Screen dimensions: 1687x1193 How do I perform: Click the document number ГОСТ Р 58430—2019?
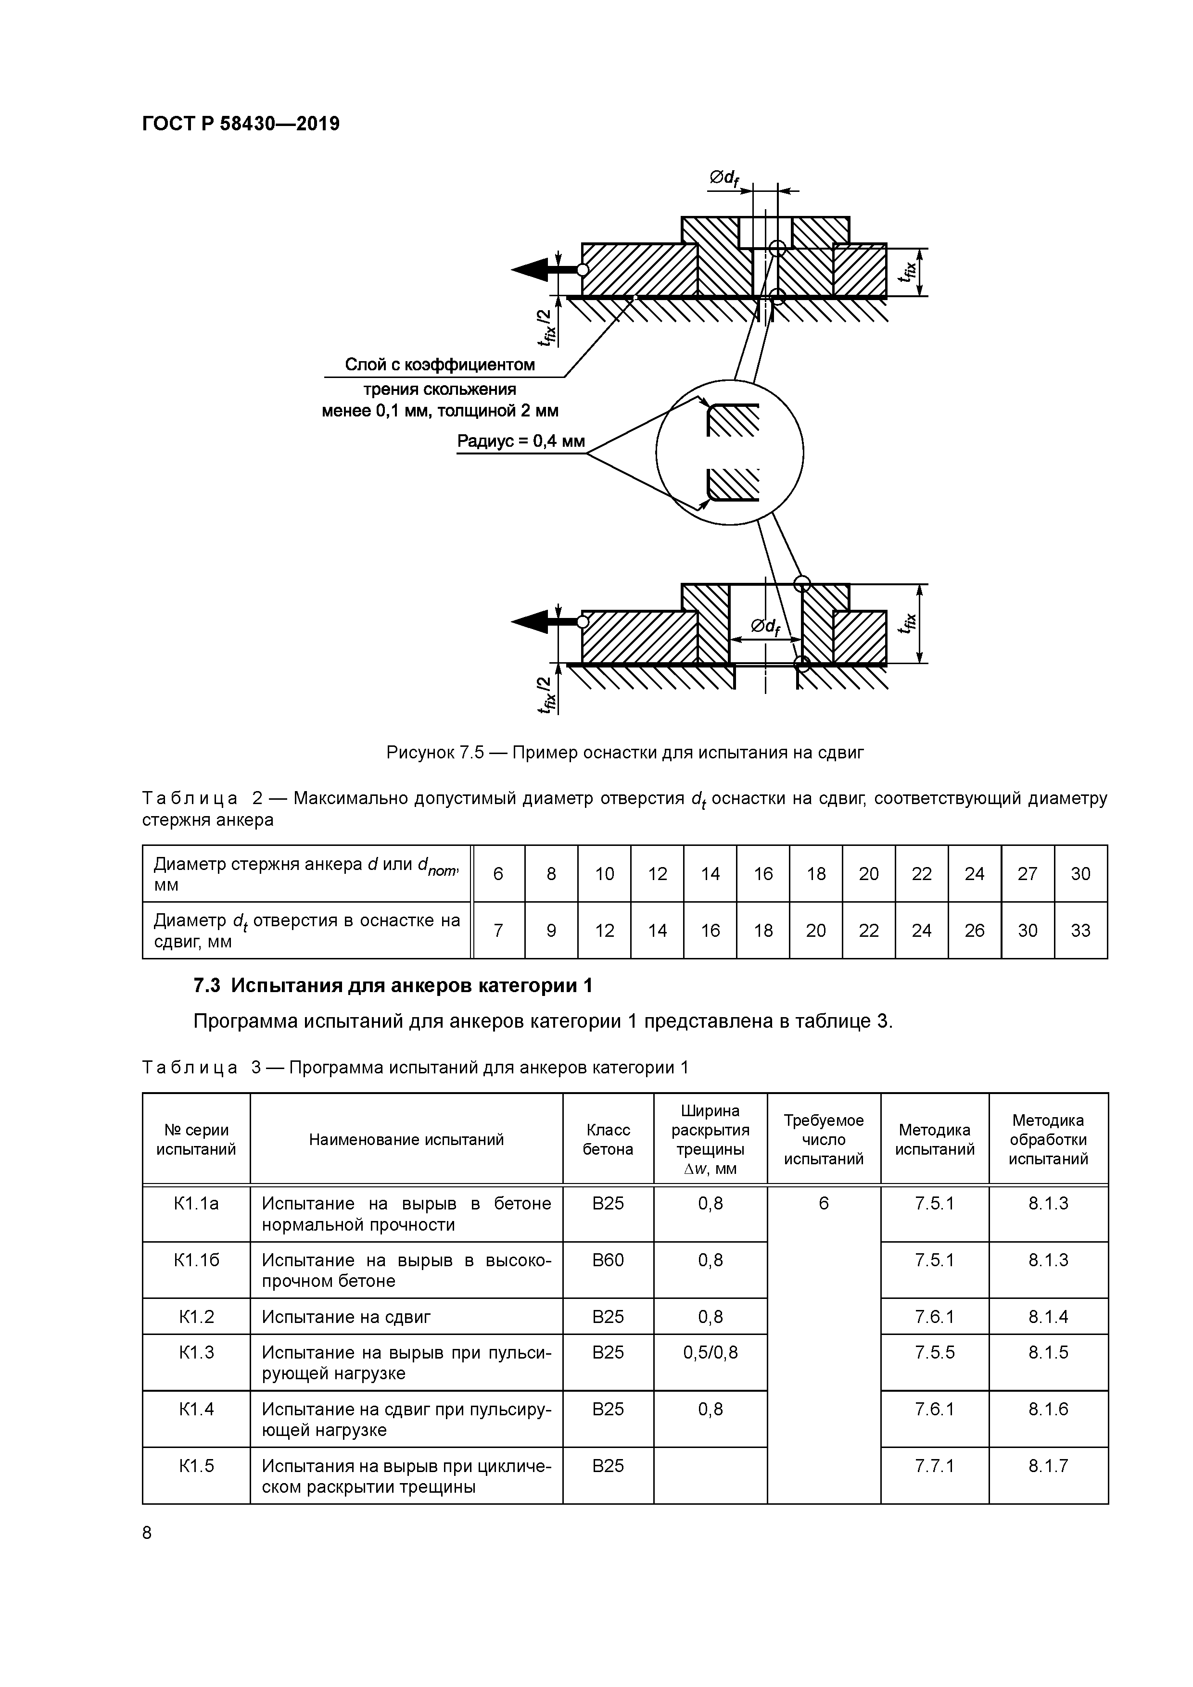241,124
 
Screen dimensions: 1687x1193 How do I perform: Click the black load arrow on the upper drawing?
531,270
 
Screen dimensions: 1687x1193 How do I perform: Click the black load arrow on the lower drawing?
531,622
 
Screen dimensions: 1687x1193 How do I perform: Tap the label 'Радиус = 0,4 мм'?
520,441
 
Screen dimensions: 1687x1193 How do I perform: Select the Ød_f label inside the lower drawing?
765,626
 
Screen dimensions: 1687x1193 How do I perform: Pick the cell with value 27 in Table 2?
1027,874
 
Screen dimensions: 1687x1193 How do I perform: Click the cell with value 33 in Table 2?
1080,931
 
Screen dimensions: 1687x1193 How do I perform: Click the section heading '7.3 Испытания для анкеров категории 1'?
393,985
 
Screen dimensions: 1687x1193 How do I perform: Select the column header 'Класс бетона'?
608,1140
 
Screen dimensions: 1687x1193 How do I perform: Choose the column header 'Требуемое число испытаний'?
823,1140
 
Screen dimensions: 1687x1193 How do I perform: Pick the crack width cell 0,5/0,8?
710,1353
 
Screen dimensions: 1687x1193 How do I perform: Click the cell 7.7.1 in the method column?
934,1466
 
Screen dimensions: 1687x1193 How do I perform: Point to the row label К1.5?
196,1466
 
